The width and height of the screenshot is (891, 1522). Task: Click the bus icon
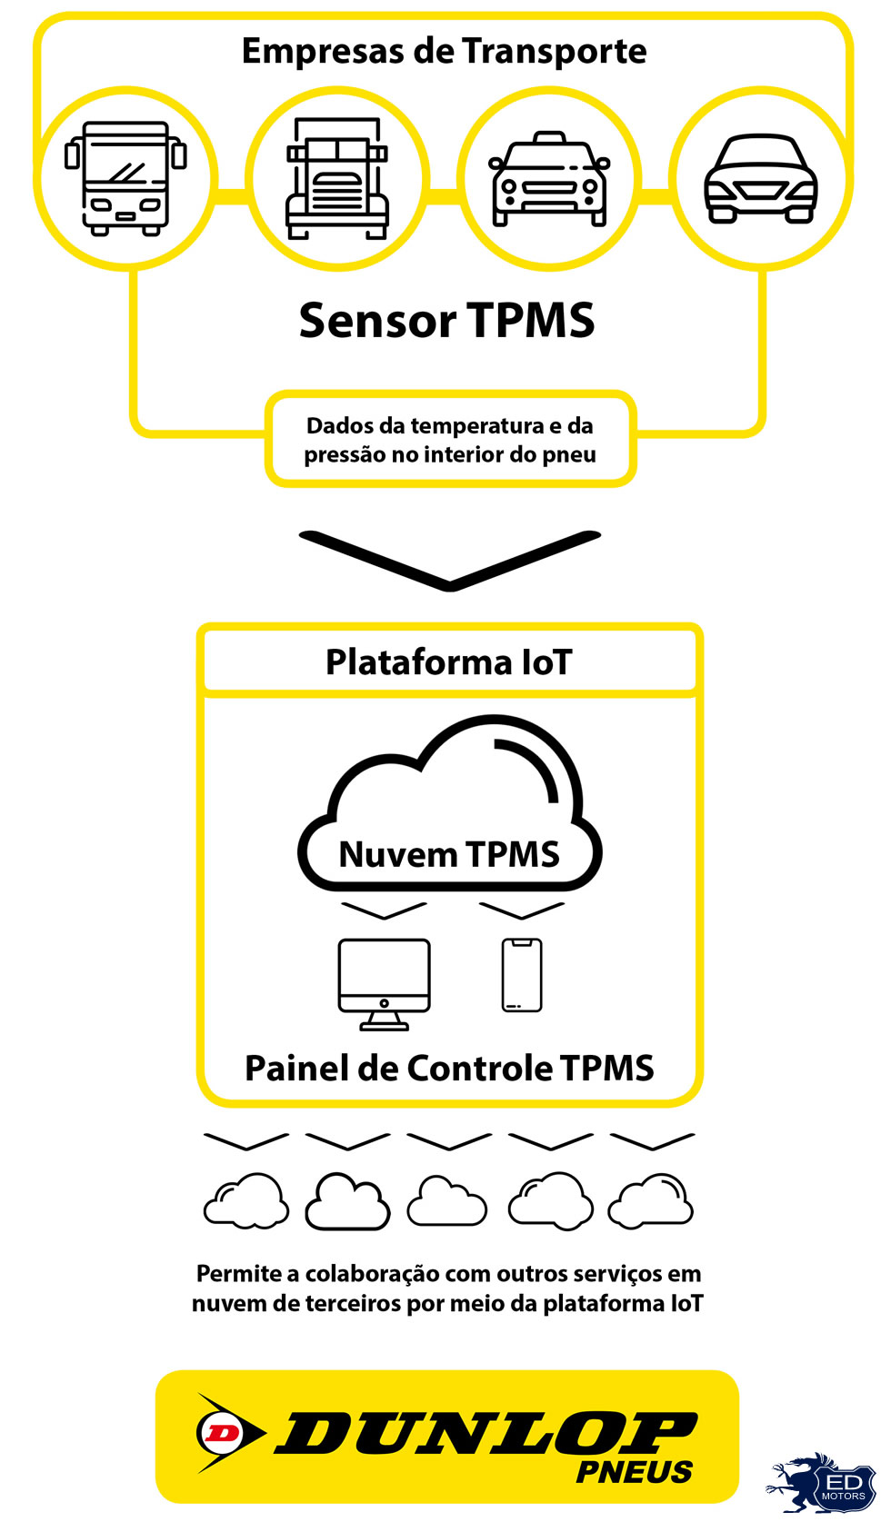click(x=125, y=178)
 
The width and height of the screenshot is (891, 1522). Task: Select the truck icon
click(x=337, y=178)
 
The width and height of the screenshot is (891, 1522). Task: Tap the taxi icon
click(x=549, y=178)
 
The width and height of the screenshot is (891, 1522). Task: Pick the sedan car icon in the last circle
click(x=761, y=178)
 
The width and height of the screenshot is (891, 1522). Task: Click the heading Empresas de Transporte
click(x=444, y=52)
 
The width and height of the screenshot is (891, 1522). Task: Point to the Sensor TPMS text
click(x=446, y=321)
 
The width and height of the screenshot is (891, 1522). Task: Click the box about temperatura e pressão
click(x=450, y=440)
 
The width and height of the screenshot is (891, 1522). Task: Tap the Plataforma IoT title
click(x=449, y=662)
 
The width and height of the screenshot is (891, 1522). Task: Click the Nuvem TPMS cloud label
click(x=449, y=854)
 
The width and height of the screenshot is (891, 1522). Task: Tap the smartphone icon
click(x=522, y=975)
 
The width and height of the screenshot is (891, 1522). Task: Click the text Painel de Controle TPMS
click(x=449, y=1069)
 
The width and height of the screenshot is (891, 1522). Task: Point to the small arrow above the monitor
click(x=384, y=910)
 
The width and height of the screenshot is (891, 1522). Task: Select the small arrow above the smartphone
click(x=522, y=910)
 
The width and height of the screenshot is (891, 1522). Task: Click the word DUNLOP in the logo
click(x=486, y=1434)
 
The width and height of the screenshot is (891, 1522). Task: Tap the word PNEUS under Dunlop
click(x=635, y=1471)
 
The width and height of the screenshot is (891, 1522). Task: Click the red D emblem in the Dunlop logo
click(x=219, y=1433)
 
